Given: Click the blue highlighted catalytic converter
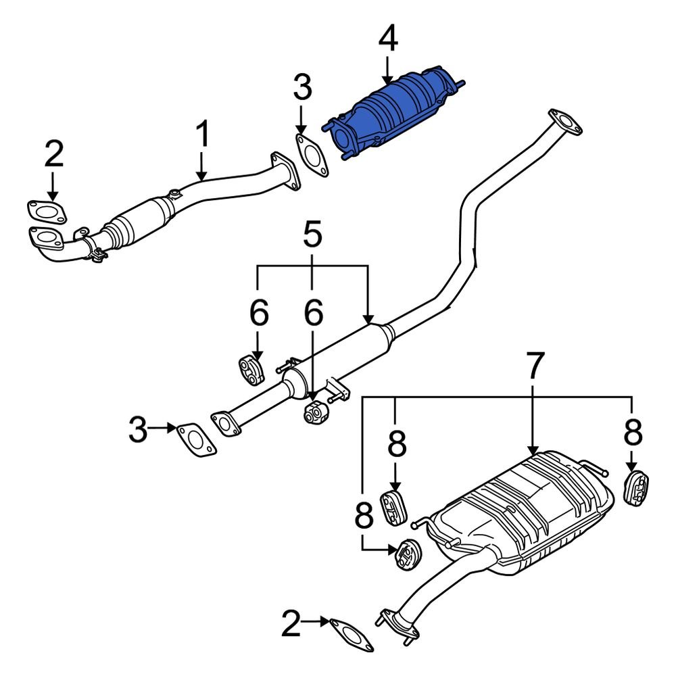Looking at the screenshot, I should click(392, 115).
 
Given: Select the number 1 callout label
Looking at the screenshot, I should click(202, 135).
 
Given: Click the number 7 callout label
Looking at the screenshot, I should click(534, 366).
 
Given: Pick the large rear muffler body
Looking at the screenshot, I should click(521, 514).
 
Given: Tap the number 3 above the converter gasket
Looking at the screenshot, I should click(302, 89).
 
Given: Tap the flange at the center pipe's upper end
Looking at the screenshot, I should click(564, 120).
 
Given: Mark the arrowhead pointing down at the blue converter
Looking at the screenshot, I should click(387, 78).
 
